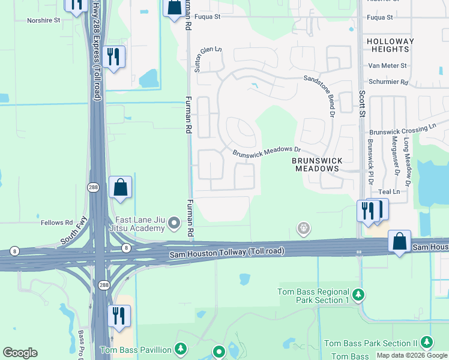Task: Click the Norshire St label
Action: (x=44, y=20)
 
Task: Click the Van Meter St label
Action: (x=388, y=65)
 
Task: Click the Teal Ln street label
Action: (x=389, y=191)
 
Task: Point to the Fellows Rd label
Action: (x=56, y=223)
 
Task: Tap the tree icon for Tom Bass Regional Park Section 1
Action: (x=358, y=295)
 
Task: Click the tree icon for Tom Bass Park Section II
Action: (x=427, y=342)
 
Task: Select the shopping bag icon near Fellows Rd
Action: (x=121, y=187)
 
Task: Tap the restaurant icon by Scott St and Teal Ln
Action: (x=368, y=211)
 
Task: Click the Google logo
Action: (x=20, y=353)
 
